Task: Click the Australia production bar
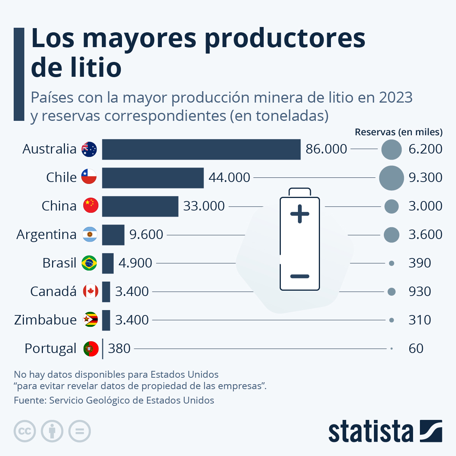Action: coord(201,149)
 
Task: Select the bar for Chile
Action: coord(153,178)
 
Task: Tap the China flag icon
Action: coord(90,206)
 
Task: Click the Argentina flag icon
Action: coord(90,234)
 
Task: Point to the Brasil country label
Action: coord(59,263)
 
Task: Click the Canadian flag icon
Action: coord(90,291)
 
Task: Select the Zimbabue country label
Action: coord(45,320)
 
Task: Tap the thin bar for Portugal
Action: coord(103,348)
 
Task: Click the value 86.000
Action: coord(326,149)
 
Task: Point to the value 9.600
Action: coord(146,234)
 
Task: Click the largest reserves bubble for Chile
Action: coord(391,178)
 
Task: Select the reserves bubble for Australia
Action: coord(391,149)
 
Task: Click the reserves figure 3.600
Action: coord(425,234)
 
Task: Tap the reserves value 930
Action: coord(420,291)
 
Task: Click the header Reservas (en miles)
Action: coord(398,132)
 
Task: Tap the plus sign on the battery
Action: coord(299,214)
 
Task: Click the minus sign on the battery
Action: coord(299,276)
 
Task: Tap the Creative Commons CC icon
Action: coord(25,431)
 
